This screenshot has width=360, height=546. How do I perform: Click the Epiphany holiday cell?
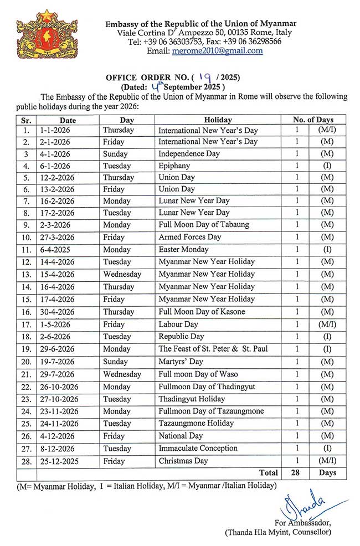click(174, 166)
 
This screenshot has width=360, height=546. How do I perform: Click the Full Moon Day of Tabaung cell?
click(204, 225)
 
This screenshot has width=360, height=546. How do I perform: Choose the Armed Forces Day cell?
click(189, 237)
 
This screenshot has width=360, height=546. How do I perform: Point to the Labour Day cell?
click(178, 324)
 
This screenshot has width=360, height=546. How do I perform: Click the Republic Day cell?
click(181, 337)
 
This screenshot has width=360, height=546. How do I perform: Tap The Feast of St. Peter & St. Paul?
click(212, 349)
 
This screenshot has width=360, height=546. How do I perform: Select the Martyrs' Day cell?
click(181, 362)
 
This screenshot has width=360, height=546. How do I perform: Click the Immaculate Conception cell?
click(198, 449)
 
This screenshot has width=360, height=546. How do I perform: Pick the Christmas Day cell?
click(183, 461)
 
